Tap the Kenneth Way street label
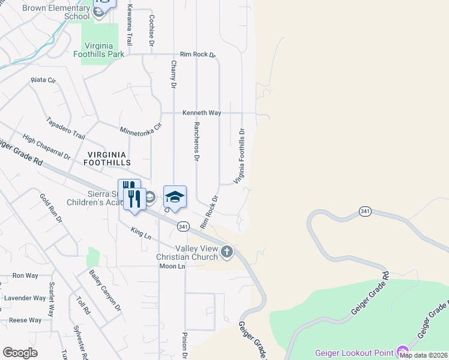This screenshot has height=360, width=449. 202,113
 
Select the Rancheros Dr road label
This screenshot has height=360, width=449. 196,142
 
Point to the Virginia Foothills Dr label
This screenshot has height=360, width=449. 240,155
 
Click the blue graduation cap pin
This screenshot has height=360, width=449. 175,197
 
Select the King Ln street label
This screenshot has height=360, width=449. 140,233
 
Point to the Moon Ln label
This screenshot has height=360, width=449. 172,266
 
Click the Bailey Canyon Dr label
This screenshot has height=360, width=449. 105,290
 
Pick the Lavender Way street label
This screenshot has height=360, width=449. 25,298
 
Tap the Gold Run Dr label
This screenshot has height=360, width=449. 51,208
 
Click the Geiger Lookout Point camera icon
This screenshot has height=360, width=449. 402,352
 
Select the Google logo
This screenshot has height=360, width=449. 20,353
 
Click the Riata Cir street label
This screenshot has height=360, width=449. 43,79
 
